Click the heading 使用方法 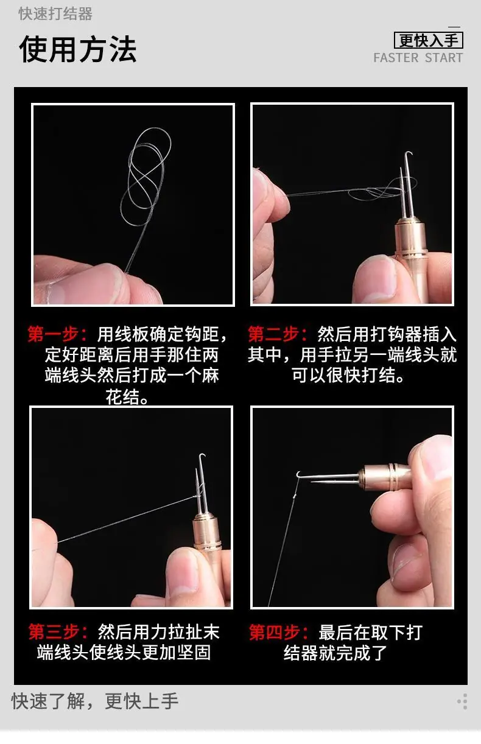[78, 49]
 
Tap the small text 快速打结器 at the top [55, 14]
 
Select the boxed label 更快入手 [429, 40]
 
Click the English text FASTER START [418, 58]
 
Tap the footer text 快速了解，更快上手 [95, 701]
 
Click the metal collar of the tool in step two [410, 236]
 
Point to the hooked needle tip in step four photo [298, 474]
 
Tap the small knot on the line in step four [294, 497]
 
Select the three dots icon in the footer [463, 701]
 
